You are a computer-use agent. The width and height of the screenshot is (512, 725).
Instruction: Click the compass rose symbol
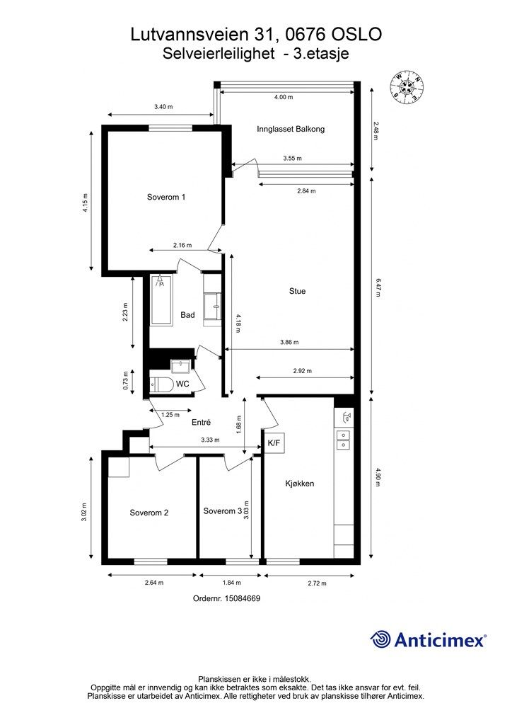click(x=407, y=86)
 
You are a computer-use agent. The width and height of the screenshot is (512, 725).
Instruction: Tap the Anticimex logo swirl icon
click(x=380, y=639)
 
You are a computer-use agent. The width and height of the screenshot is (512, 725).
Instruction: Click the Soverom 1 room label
click(x=166, y=197)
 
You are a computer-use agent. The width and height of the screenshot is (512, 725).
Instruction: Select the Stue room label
click(x=297, y=291)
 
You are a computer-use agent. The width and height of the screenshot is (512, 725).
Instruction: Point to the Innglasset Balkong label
click(x=291, y=130)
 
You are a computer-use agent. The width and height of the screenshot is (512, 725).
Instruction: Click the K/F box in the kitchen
click(x=274, y=443)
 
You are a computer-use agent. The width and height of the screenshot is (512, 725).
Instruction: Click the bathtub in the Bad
click(x=161, y=299)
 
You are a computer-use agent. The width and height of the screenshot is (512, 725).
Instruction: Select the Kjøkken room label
click(x=300, y=484)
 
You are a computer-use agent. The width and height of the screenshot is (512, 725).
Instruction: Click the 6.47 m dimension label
click(x=378, y=287)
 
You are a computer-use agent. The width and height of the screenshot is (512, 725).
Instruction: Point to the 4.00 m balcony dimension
click(x=284, y=97)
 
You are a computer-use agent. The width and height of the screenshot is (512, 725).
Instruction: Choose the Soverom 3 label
click(x=223, y=511)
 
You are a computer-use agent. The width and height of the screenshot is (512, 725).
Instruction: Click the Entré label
click(x=202, y=422)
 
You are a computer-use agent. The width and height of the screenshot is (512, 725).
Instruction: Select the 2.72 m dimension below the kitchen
click(x=318, y=583)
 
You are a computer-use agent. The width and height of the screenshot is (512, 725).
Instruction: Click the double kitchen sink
click(x=343, y=440)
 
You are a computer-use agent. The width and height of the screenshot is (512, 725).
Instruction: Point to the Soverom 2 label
click(x=149, y=513)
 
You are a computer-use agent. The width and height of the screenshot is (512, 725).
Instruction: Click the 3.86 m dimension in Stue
click(x=289, y=343)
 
